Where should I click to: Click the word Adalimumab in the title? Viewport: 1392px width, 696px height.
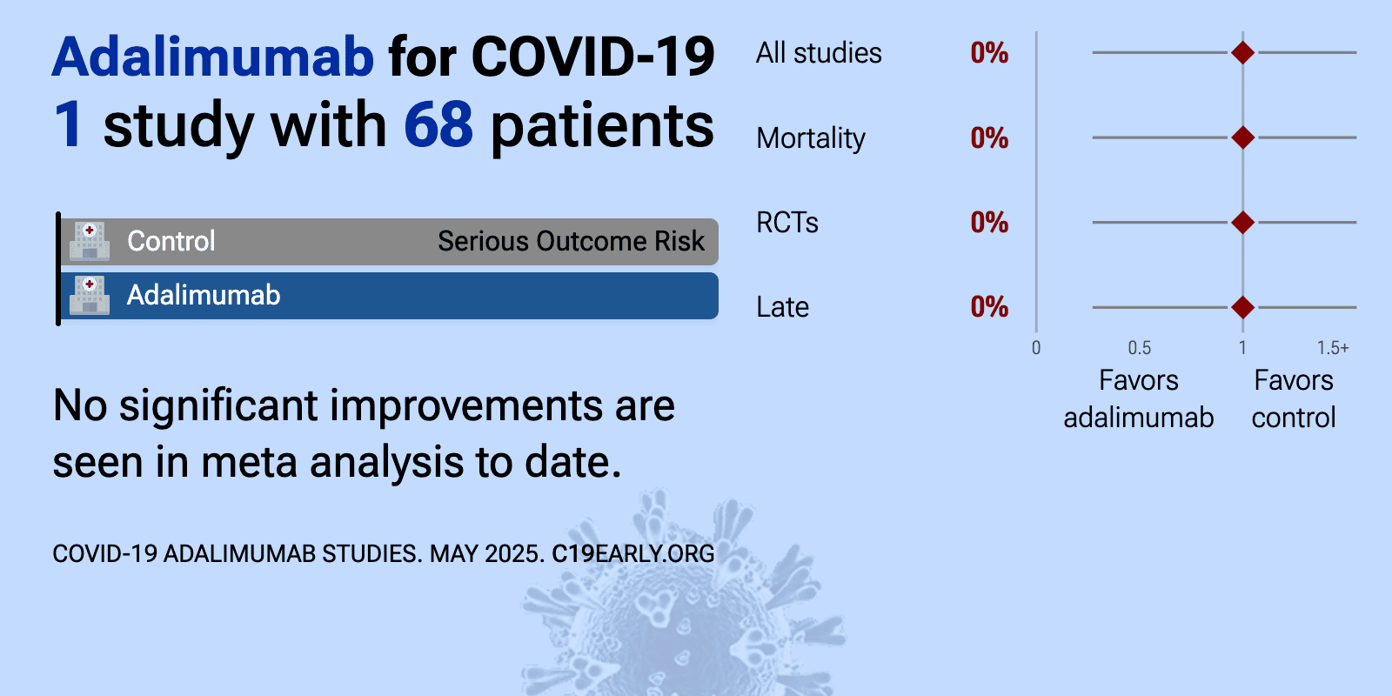coord(212,57)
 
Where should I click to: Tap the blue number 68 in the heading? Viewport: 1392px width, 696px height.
coord(438,125)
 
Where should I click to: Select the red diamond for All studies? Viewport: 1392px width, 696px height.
coord(1242,53)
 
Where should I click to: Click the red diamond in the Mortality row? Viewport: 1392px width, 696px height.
coord(1242,137)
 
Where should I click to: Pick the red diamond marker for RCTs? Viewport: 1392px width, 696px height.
coord(1242,223)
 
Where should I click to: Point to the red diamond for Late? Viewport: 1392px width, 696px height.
coord(1242,307)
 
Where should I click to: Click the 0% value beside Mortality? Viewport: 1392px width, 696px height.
coord(989,138)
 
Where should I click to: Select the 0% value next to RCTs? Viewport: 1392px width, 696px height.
coord(989,223)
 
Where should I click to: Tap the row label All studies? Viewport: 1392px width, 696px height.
coord(819,53)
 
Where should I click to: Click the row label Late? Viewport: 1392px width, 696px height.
coord(782,307)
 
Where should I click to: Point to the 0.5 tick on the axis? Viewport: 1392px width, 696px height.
coord(1139,347)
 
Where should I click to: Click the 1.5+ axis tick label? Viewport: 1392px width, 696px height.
coord(1333,347)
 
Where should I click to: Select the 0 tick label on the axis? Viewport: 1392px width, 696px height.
coord(1036,347)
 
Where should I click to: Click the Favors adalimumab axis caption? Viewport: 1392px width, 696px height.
coord(1139,399)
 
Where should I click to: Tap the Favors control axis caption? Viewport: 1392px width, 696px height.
coord(1294,399)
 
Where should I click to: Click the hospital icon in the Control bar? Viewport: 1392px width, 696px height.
coord(90,241)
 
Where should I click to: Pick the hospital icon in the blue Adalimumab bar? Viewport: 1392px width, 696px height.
coord(90,295)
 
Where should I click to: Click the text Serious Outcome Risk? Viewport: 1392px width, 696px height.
coord(571,241)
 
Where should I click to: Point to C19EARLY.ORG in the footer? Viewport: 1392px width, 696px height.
coord(633,553)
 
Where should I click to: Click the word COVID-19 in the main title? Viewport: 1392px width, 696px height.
coord(592,57)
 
